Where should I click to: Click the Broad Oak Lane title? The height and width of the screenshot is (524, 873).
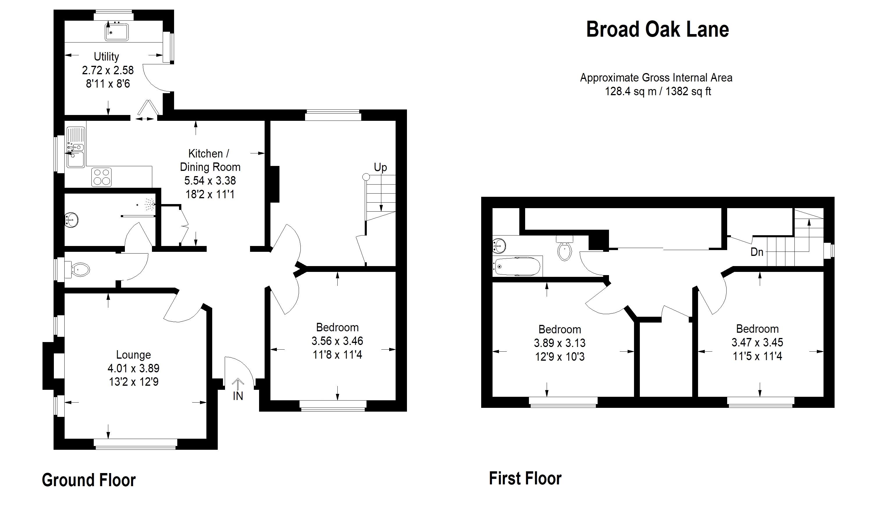click(657, 29)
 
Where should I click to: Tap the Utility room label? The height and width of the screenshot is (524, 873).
click(106, 56)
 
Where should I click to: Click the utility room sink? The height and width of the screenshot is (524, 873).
click(117, 32)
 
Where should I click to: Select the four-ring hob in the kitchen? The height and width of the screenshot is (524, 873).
click(102, 177)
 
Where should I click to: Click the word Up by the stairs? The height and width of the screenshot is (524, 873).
click(380, 167)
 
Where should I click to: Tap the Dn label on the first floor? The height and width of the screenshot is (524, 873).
click(757, 252)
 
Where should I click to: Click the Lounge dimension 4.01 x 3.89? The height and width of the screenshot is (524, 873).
click(133, 368)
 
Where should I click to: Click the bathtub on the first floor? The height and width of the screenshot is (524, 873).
click(518, 267)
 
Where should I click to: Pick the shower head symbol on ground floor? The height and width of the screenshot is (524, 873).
click(151, 203)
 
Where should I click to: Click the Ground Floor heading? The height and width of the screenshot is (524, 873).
click(88, 480)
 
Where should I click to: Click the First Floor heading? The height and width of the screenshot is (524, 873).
click(525, 479)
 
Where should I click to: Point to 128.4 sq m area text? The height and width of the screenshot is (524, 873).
click(631, 91)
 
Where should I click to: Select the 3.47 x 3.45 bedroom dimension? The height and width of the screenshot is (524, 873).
click(757, 342)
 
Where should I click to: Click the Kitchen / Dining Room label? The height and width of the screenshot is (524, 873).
click(210, 160)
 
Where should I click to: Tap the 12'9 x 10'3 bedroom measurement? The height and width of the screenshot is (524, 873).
click(559, 357)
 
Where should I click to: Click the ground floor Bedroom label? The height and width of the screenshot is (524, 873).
click(337, 327)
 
